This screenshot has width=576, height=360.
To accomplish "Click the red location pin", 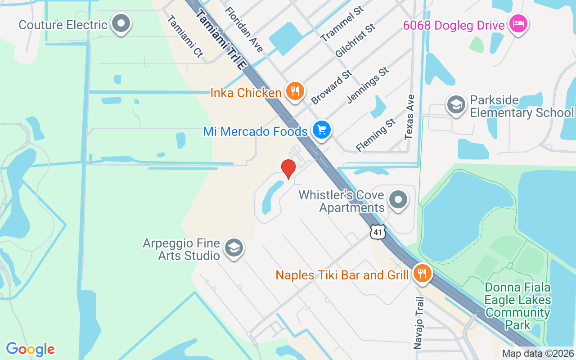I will pos(288,169).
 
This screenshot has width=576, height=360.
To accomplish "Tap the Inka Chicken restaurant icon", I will pos(295,92).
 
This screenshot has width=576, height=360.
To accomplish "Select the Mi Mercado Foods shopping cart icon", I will pos(322,130).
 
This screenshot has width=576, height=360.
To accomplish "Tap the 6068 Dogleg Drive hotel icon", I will pos(518,24).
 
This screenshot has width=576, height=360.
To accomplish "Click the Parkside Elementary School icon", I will pos(456,105).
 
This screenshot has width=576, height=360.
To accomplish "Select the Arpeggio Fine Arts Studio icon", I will pos(234,248).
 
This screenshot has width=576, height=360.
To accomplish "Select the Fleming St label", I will pos(376,135).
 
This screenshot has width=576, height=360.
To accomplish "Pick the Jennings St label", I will pos(368,85).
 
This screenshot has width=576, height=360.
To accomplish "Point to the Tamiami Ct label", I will pos(185,36).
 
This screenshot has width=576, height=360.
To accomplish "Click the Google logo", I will pos(30,349).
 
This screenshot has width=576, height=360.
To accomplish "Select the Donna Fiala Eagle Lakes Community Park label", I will pos(517,306).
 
